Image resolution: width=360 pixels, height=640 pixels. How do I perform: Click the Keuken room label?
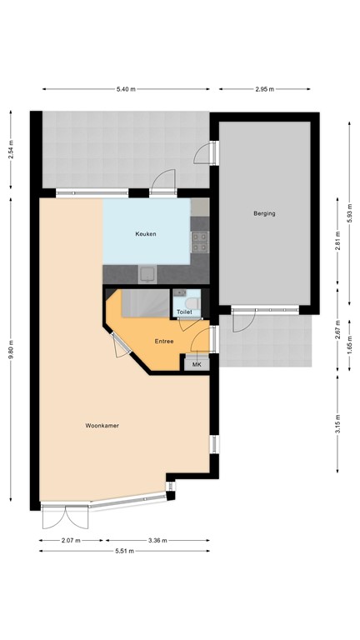(146, 234)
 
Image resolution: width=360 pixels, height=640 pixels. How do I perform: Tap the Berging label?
(264, 213)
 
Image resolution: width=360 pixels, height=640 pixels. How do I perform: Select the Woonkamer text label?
(102, 426)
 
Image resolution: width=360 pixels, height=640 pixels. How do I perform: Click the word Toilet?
(184, 312)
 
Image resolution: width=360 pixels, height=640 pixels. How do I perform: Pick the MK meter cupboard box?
(197, 364)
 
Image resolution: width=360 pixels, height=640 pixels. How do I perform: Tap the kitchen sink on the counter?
(148, 272)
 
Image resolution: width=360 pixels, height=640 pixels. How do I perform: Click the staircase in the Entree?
(142, 303)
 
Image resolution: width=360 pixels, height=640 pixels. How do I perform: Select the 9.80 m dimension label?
(11, 351)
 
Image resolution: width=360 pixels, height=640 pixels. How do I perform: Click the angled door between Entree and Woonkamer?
(117, 346)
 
